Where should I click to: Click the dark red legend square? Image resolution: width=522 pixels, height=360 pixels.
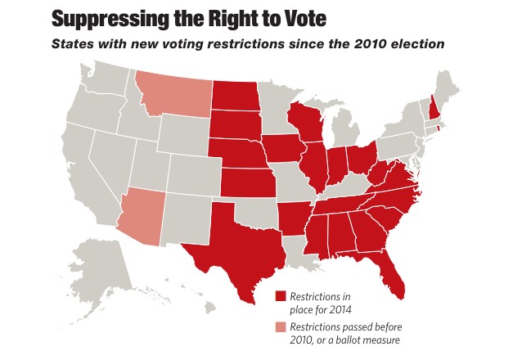click(x=281, y=296)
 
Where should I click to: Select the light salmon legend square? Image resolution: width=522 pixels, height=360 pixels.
click(x=281, y=326)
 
